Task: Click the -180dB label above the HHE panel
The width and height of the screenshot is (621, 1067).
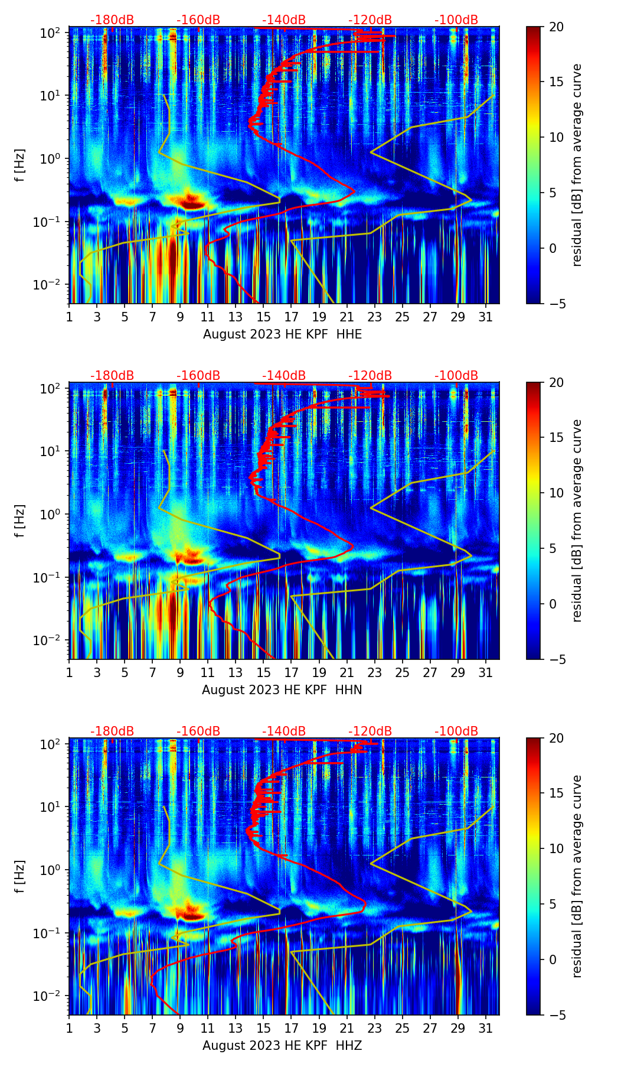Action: click(112, 20)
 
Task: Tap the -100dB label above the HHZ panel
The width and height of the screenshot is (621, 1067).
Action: click(456, 731)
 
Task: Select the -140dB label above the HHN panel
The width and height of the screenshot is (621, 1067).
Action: click(284, 376)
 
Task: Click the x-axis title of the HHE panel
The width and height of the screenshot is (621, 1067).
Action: click(282, 334)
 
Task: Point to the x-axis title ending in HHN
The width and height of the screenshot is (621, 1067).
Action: click(282, 690)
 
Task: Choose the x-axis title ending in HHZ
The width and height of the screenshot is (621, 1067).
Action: click(282, 1046)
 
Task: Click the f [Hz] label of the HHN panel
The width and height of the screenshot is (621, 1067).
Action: click(21, 521)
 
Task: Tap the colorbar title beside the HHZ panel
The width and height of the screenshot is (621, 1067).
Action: click(577, 876)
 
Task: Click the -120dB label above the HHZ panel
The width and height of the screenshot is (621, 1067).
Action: click(370, 731)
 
